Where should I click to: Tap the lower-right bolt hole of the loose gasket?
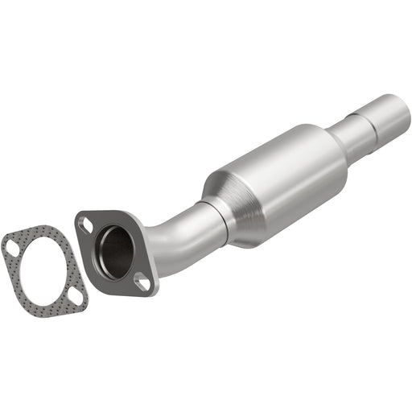pyautogui.click(x=74, y=297)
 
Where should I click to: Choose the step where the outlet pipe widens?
pyautogui.click(x=369, y=121)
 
